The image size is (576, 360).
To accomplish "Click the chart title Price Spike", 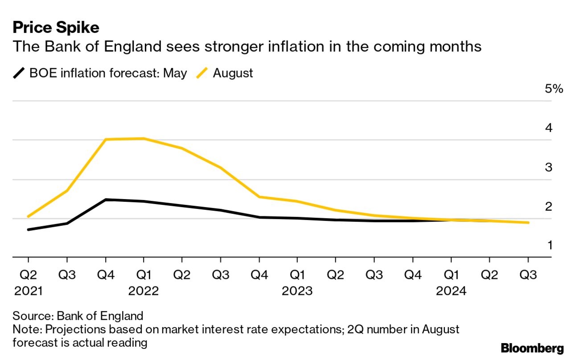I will (56, 28).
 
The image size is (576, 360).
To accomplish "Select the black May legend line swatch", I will (19, 73).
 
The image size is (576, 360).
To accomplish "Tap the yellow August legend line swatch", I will (202, 73).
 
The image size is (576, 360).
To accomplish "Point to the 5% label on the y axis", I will (554, 89).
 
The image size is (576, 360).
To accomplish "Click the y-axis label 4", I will (549, 128).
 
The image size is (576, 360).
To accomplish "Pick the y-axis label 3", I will (549, 168).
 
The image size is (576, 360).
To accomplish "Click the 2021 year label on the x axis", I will (28, 291).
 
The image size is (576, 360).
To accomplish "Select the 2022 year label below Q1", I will (144, 291).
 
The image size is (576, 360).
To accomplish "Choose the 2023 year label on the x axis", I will (297, 291).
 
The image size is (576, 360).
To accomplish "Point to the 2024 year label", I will (451, 291).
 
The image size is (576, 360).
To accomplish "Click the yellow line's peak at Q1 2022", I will (144, 139).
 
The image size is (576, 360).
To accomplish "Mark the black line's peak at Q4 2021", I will (106, 200).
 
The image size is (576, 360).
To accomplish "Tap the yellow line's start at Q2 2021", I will (29, 217).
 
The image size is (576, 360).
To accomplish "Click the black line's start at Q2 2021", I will (29, 229).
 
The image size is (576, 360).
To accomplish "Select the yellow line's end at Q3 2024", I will (528, 222).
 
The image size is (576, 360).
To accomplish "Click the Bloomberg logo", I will (532, 348).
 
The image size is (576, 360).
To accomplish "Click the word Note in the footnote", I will (25, 330).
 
